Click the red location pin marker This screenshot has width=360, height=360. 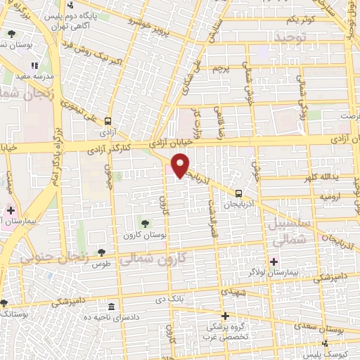tap(181, 165)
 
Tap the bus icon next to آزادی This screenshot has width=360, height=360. tap(108, 120)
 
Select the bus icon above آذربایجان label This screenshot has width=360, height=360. tap(239, 193)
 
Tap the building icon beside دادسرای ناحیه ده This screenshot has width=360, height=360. tap(112, 307)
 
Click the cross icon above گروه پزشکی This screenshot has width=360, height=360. tap(225, 316)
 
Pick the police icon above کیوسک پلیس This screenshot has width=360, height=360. tap(325, 344)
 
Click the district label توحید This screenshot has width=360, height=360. tap(292, 37)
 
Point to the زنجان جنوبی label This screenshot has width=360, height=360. tap(54, 257)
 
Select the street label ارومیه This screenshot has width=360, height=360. tap(330, 196)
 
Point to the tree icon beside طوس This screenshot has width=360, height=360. tap(102, 252)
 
